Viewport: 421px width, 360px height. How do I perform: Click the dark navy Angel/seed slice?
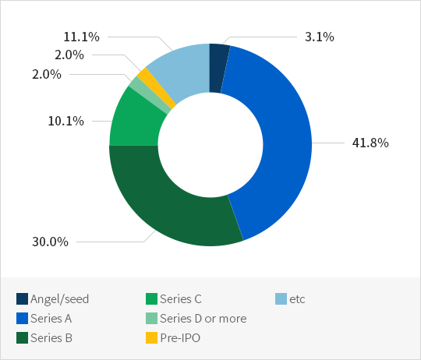pyautogui.click(x=218, y=69)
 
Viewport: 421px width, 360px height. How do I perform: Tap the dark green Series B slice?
pyautogui.click(x=161, y=204)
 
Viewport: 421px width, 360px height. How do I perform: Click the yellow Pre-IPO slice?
pyautogui.click(x=156, y=86)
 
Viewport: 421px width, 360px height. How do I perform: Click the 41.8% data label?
pyautogui.click(x=370, y=143)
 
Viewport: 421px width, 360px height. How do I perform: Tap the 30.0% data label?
pyautogui.click(x=50, y=242)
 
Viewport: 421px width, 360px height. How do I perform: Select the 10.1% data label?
pyautogui.click(x=65, y=121)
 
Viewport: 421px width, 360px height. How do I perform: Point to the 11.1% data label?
pyautogui.click(x=81, y=37)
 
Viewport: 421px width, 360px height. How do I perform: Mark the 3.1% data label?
pyautogui.click(x=320, y=37)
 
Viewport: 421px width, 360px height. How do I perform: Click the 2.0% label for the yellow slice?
pyautogui.click(x=69, y=55)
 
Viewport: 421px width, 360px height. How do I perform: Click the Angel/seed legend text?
pyautogui.click(x=59, y=299)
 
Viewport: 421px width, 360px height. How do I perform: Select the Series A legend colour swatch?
pyautogui.click(x=22, y=319)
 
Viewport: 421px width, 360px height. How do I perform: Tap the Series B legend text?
pyautogui.click(x=51, y=337)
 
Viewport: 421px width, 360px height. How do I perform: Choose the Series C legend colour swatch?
pyautogui.click(x=151, y=299)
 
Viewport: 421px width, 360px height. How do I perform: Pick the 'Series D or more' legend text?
pyautogui.click(x=203, y=319)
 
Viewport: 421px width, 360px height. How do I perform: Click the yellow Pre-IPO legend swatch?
pyautogui.click(x=151, y=337)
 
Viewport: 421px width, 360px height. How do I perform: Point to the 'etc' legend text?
pyautogui.click(x=297, y=299)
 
